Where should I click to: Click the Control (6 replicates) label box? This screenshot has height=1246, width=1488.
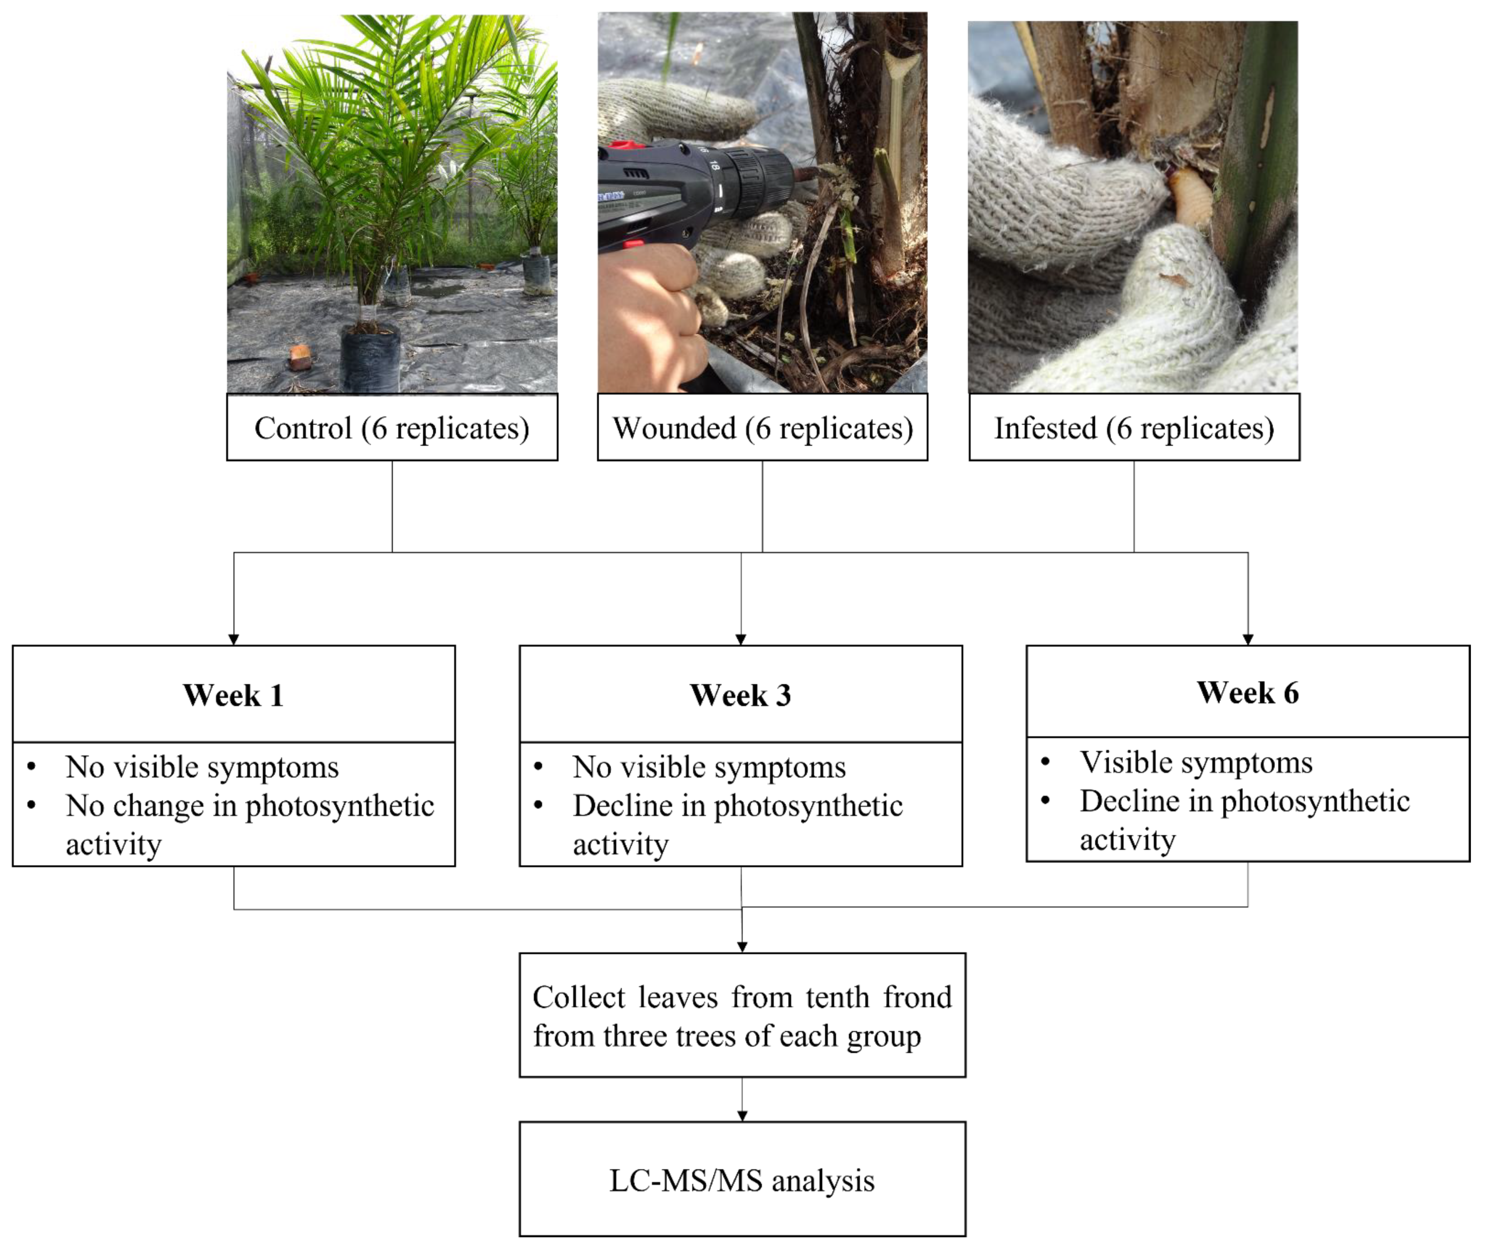coord(392,428)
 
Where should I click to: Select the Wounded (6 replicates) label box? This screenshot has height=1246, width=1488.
coord(762,428)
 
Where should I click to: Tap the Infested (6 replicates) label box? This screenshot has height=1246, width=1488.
coord(1134,428)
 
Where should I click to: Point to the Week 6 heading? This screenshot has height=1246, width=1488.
coord(1248,692)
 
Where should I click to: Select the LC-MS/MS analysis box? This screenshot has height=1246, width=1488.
coord(742,1180)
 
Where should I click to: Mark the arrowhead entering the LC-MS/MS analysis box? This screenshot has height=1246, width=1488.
coord(742,1116)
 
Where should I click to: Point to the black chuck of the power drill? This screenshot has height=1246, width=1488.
coord(762,181)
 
